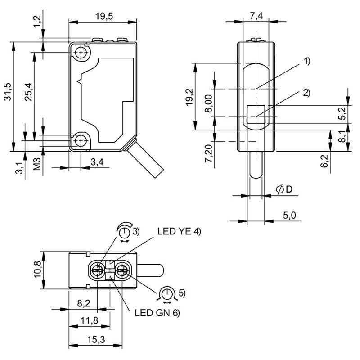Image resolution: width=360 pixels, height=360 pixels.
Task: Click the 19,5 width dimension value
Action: tap(104, 16)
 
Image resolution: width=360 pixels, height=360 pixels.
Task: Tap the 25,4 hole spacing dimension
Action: tap(29, 92)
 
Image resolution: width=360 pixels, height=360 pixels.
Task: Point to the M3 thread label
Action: tap(37, 164)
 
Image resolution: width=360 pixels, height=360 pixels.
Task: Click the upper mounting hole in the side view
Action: tap(81, 53)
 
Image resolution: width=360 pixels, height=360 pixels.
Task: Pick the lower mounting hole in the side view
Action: tap(81, 140)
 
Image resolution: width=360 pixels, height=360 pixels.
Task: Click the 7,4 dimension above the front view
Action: tap(256, 16)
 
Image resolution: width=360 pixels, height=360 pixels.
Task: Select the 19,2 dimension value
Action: tap(189, 97)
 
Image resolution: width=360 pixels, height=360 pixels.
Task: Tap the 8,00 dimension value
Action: tap(208, 103)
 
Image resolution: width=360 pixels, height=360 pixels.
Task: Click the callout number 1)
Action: tap(307, 61)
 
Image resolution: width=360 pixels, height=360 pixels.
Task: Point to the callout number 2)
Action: tap(306, 93)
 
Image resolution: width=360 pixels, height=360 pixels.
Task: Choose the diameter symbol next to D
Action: tap(279, 189)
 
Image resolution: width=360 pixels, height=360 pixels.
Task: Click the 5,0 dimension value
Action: tap(289, 216)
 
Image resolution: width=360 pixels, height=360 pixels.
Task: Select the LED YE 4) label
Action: tap(179, 231)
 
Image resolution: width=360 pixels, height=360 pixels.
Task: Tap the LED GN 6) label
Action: tap(157, 312)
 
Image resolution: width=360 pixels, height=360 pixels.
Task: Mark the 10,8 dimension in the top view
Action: tap(38, 270)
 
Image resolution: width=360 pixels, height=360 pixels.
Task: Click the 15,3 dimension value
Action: tap(96, 339)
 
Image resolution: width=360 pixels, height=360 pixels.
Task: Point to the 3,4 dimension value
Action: tap(97, 162)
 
